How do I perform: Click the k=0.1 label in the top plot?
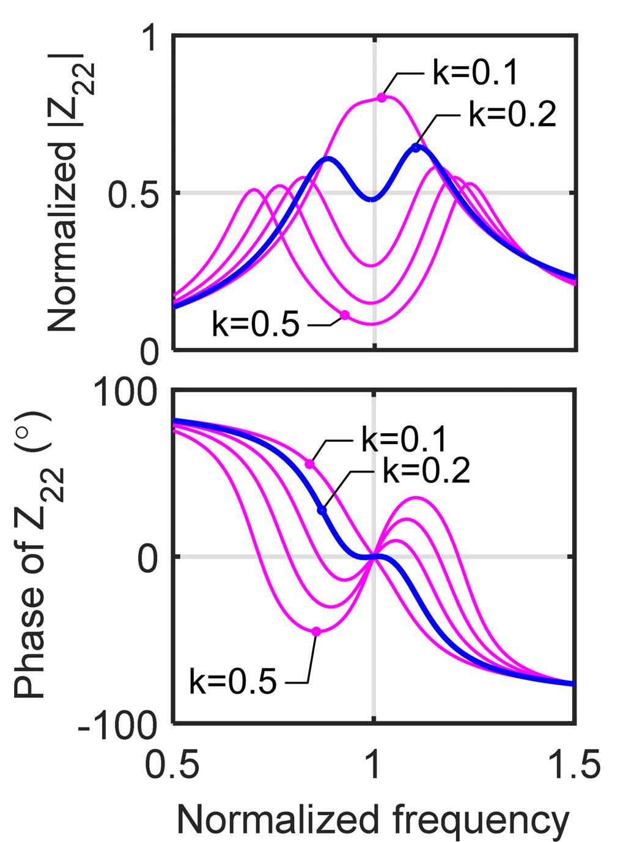click(x=476, y=72)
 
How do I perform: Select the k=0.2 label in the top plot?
click(x=512, y=114)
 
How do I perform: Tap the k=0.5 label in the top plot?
click(x=256, y=324)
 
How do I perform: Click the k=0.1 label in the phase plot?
click(x=405, y=439)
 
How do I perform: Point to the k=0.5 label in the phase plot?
click(x=233, y=681)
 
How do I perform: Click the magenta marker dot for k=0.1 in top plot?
click(x=382, y=97)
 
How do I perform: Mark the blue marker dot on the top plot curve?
click(x=416, y=147)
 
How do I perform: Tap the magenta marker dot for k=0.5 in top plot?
click(x=345, y=315)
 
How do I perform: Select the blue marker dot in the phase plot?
click(x=322, y=510)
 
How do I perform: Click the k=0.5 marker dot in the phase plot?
click(x=316, y=631)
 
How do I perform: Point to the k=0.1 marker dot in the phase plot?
click(x=309, y=464)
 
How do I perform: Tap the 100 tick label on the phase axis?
click(x=125, y=392)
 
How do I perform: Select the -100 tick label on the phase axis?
click(x=117, y=726)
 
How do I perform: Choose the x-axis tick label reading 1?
click(x=374, y=766)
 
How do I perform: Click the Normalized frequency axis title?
click(x=373, y=820)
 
